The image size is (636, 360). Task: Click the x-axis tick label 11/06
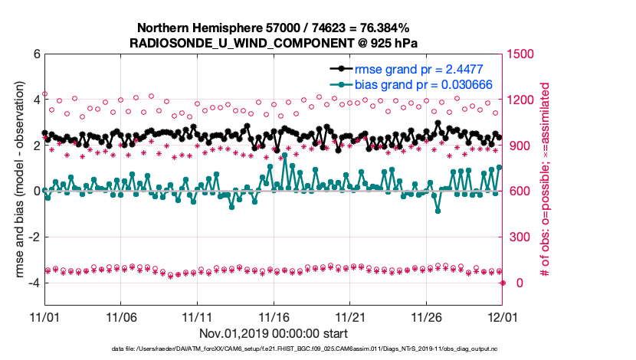[121, 316]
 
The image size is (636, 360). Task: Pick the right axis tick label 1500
[524, 54]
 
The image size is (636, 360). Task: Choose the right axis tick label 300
[521, 237]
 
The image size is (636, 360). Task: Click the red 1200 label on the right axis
[524, 100]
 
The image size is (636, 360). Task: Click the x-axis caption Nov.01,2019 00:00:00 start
[274, 333]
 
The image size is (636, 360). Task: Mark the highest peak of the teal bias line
[285, 155]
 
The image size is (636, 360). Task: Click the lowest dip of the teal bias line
[438, 211]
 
